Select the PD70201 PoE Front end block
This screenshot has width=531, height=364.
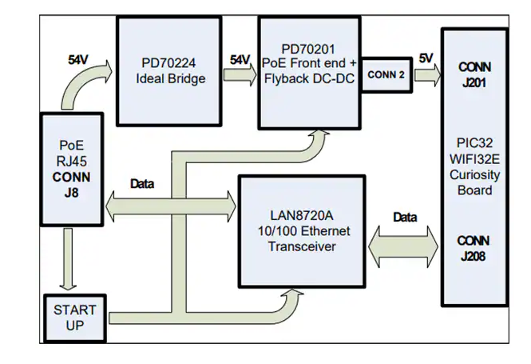click(308, 72)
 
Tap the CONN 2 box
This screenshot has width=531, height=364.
click(387, 74)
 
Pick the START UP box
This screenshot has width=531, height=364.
click(74, 318)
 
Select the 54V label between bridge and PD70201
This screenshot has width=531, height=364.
click(240, 59)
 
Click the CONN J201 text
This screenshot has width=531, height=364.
click(475, 74)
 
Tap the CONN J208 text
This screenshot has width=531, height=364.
click(475, 248)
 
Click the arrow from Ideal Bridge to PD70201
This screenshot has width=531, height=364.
click(240, 75)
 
